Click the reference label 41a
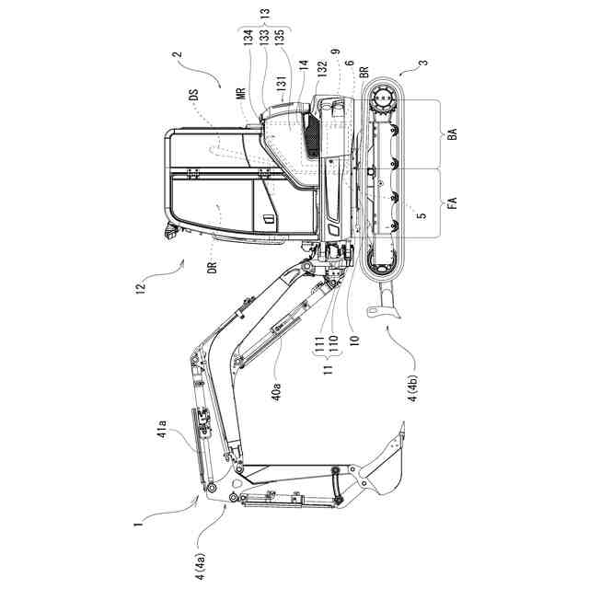pyautogui.click(x=161, y=430)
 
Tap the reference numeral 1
pyautogui.click(x=135, y=525)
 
